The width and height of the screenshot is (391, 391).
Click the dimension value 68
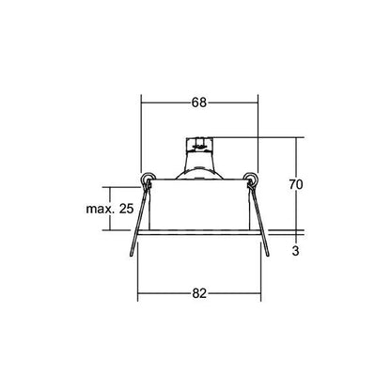pyautogui.click(x=199, y=102)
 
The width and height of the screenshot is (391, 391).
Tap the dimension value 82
pyautogui.click(x=199, y=293)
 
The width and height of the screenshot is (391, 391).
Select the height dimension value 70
pyautogui.click(x=296, y=184)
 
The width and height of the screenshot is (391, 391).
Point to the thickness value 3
pyautogui.click(x=296, y=251)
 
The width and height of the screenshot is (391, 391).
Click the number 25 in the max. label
pyautogui.click(x=127, y=209)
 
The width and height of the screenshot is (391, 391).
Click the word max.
pyautogui.click(x=100, y=209)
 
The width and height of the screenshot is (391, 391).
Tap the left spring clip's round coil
pyautogui.click(x=147, y=179)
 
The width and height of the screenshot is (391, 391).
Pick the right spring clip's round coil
pyautogui.click(x=251, y=179)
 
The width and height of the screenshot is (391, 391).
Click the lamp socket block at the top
pyautogui.click(x=199, y=144)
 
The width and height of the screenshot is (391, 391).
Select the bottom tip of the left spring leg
pyautogui.click(x=132, y=256)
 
